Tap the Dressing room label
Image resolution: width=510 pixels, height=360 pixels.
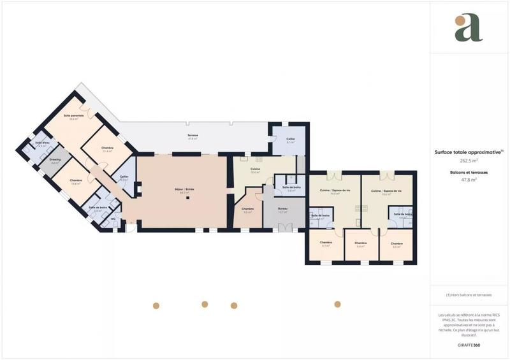pyautogui.click(x=55, y=159)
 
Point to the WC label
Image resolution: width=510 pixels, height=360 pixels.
pyautogui.click(x=113, y=219)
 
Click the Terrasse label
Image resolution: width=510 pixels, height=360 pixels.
pyautogui.click(x=193, y=136)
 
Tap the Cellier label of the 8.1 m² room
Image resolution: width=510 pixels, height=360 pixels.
pyautogui.click(x=291, y=139)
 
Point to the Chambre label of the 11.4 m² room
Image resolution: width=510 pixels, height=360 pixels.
pyautogui.click(x=107, y=148)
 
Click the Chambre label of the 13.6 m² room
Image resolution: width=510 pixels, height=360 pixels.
pyautogui.click(x=76, y=180)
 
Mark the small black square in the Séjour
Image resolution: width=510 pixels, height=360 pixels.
pyautogui.click(x=187, y=198)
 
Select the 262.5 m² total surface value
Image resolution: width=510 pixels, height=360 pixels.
pyautogui.click(x=469, y=161)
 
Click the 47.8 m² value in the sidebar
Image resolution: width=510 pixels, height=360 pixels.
pyautogui.click(x=469, y=180)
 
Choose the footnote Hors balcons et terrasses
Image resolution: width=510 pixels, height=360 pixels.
pyautogui.click(x=469, y=295)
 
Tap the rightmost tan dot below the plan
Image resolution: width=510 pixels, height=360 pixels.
pyautogui.click(x=337, y=305)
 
